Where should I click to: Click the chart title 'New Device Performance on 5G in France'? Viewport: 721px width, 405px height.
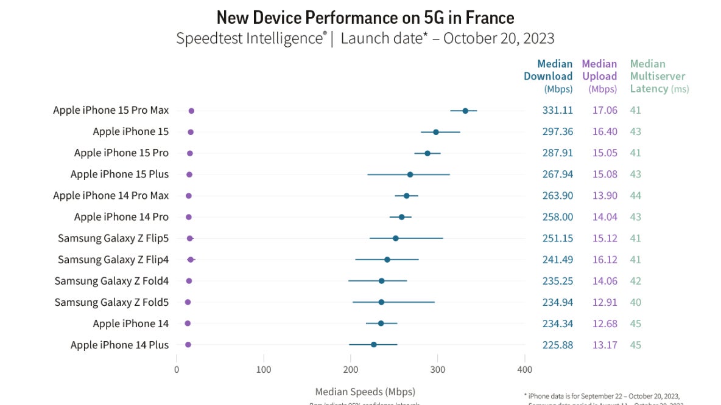point(365,16)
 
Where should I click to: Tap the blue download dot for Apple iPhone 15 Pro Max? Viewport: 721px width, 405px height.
point(465,111)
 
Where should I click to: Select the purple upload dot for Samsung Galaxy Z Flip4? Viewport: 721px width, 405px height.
point(191,260)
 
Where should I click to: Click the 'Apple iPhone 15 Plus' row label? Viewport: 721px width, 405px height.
point(119,174)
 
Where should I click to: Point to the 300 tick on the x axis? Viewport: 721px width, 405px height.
point(437,369)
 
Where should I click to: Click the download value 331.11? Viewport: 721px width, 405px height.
point(557,110)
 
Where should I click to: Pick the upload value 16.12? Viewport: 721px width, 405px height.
point(605,260)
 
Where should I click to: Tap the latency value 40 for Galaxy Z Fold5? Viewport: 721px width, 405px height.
point(636,302)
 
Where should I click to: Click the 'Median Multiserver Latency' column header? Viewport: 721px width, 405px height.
point(659,76)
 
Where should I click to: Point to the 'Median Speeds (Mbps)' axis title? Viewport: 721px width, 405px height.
point(365,392)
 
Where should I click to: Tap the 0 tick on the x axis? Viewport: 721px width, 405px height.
point(177,369)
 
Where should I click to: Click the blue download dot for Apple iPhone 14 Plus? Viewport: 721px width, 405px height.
point(374,345)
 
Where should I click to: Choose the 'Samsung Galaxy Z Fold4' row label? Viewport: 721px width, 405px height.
point(111,281)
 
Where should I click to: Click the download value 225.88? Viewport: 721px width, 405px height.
point(557,345)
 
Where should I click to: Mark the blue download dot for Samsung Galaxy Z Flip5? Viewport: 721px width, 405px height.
point(396,238)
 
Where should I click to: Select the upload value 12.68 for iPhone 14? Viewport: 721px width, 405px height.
point(605,324)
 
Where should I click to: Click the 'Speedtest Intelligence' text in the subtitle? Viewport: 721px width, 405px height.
point(250,38)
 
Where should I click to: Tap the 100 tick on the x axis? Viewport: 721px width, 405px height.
point(264,369)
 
